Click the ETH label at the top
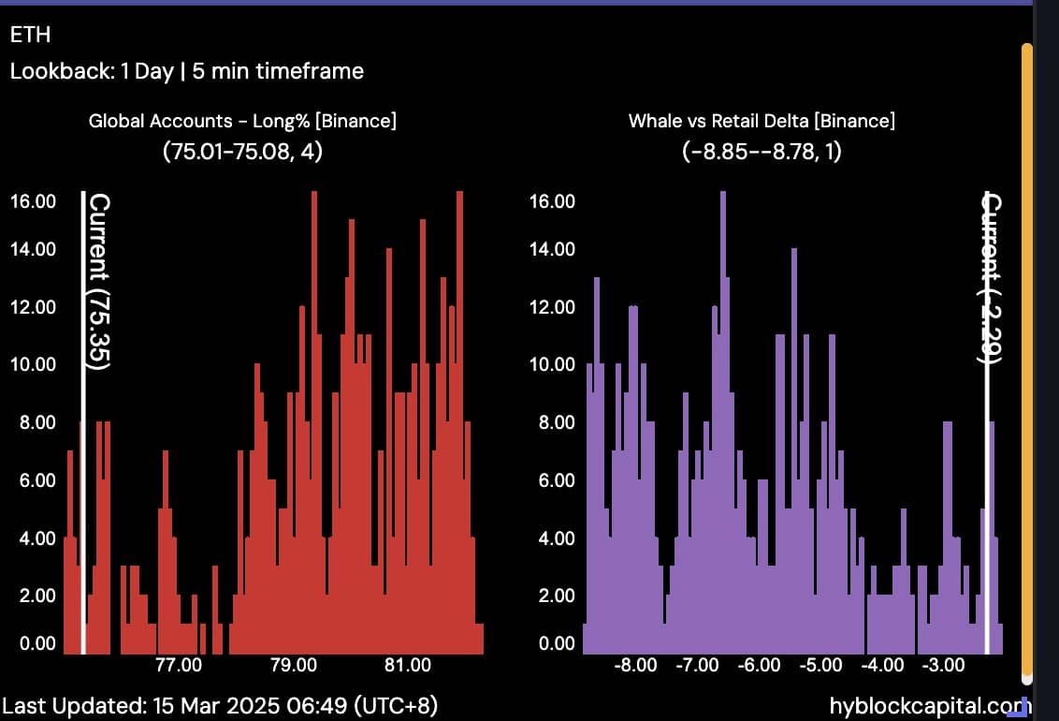click(30, 35)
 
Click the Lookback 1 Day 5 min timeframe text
click(186, 70)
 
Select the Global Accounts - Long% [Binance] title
click(242, 121)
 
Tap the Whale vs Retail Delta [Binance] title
click(762, 121)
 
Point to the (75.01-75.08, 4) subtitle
click(242, 150)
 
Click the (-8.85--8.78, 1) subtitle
click(762, 150)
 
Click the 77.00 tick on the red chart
click(178, 666)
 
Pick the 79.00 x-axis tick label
click(293, 666)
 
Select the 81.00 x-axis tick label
click(408, 666)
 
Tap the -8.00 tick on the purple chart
click(635, 666)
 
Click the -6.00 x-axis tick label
click(758, 666)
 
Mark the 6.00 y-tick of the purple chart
click(553, 480)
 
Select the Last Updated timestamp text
click(219, 705)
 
